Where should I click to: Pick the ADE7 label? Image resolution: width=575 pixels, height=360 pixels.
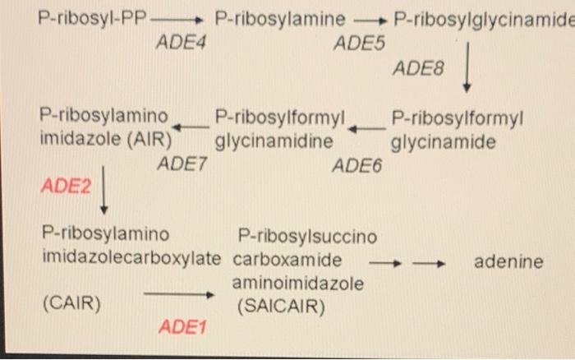point(182,164)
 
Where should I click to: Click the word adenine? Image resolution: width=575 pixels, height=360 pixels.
point(509,262)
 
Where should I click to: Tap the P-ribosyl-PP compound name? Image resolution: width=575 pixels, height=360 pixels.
point(91,17)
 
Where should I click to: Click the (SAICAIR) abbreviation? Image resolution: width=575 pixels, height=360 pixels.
point(282,307)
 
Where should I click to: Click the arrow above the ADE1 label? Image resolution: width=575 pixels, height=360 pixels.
point(179,293)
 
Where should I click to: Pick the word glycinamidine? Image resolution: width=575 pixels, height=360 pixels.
point(274,141)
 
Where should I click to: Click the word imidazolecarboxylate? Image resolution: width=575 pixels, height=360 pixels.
point(131,261)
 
